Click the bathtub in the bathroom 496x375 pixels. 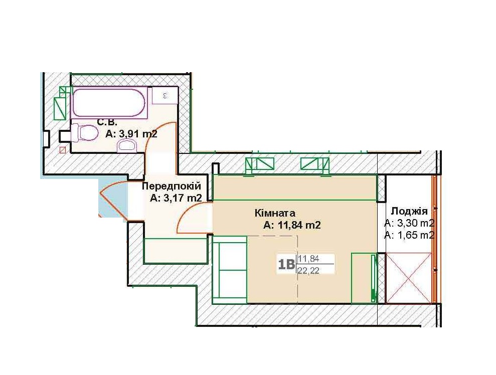(x=110, y=103)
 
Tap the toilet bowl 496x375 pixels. (x=84, y=133)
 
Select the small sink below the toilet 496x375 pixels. (x=127, y=146)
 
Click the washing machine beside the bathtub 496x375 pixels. (x=164, y=95)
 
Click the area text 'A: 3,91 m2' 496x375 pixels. (x=131, y=134)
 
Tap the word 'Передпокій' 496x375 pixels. (x=171, y=186)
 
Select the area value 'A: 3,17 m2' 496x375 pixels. (x=176, y=198)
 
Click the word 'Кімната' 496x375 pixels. (x=275, y=213)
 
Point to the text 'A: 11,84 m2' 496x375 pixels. (x=292, y=225)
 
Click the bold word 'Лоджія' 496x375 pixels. (x=409, y=211)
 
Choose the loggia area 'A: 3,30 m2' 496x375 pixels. (x=409, y=223)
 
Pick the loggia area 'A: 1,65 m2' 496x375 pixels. (x=409, y=235)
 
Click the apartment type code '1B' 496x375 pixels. (x=286, y=264)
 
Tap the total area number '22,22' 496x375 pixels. (x=308, y=270)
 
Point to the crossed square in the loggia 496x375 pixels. (x=409, y=278)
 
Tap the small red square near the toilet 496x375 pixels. (x=63, y=150)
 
